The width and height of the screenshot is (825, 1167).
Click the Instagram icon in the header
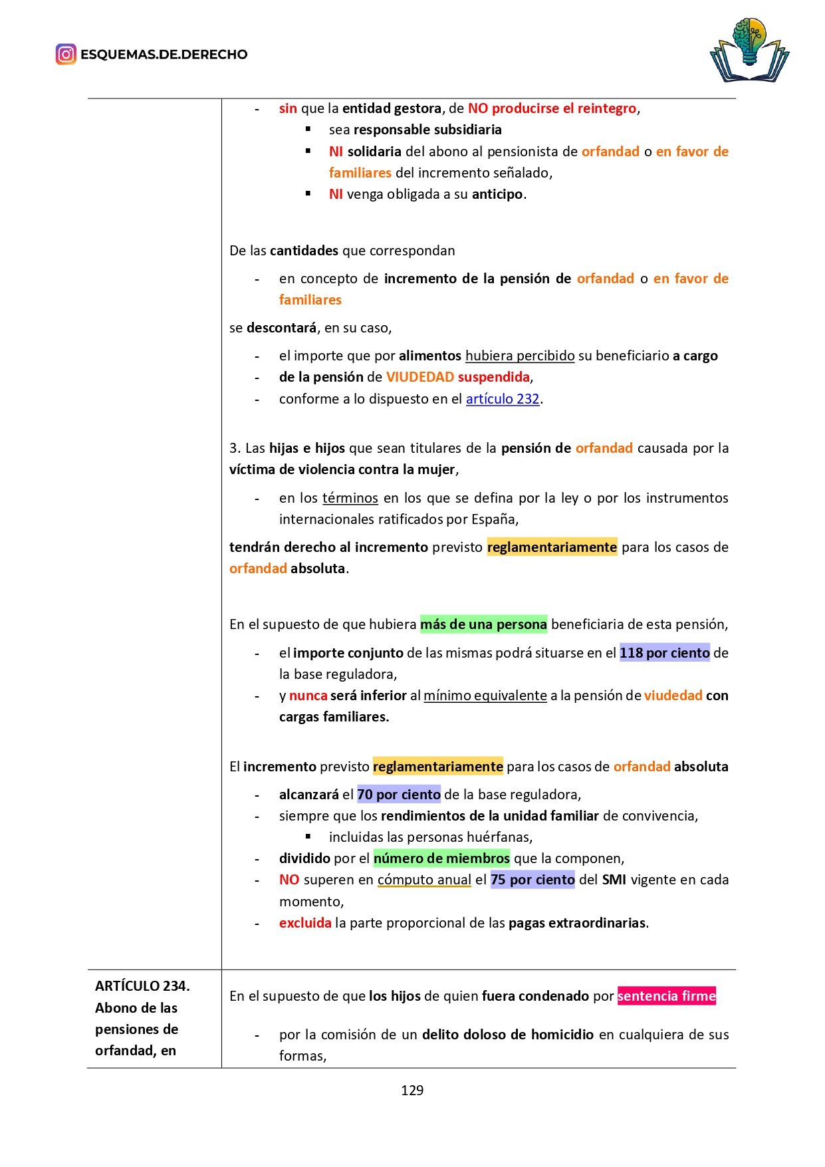click(x=66, y=54)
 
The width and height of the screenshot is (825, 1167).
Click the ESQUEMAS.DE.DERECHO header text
click(x=164, y=55)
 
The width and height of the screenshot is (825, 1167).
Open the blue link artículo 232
click(x=502, y=399)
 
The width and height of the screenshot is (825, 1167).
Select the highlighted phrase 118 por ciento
click(x=664, y=653)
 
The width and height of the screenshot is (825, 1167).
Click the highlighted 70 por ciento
click(x=399, y=795)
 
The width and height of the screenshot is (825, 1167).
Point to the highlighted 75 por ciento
click(x=532, y=880)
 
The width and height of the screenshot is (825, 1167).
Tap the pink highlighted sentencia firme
click(x=666, y=996)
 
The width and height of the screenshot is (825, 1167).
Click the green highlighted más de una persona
click(x=483, y=624)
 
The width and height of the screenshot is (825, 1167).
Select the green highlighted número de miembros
click(x=441, y=858)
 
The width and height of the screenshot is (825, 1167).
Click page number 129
click(x=412, y=1091)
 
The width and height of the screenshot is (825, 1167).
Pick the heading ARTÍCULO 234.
click(x=142, y=986)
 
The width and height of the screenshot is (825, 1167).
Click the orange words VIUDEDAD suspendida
click(x=458, y=377)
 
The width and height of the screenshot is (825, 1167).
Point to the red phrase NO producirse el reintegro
click(x=552, y=108)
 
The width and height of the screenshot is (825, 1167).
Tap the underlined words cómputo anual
click(x=424, y=880)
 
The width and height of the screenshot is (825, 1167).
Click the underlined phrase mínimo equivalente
click(x=485, y=696)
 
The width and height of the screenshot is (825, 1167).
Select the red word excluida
click(x=305, y=923)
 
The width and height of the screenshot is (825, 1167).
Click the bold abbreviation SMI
click(x=614, y=880)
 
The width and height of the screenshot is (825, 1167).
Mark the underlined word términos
click(x=350, y=498)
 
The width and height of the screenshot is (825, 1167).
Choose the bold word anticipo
click(x=497, y=194)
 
